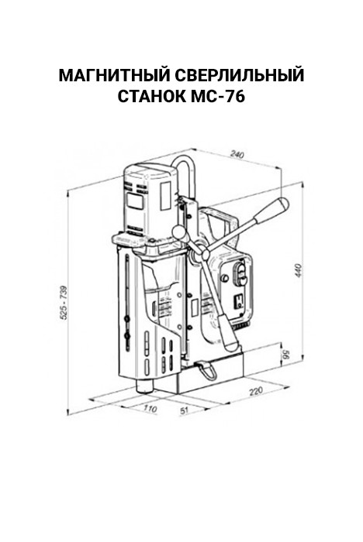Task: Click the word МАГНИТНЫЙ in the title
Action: [x=112, y=75]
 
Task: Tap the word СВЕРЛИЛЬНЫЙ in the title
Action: [x=238, y=75]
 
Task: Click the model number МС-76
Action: [x=218, y=97]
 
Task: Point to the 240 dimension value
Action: [x=237, y=154]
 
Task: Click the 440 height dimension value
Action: [x=299, y=270]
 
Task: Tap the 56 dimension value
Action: [x=286, y=355]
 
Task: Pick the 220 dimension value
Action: [x=256, y=390]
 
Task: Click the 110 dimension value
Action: [x=150, y=408]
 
